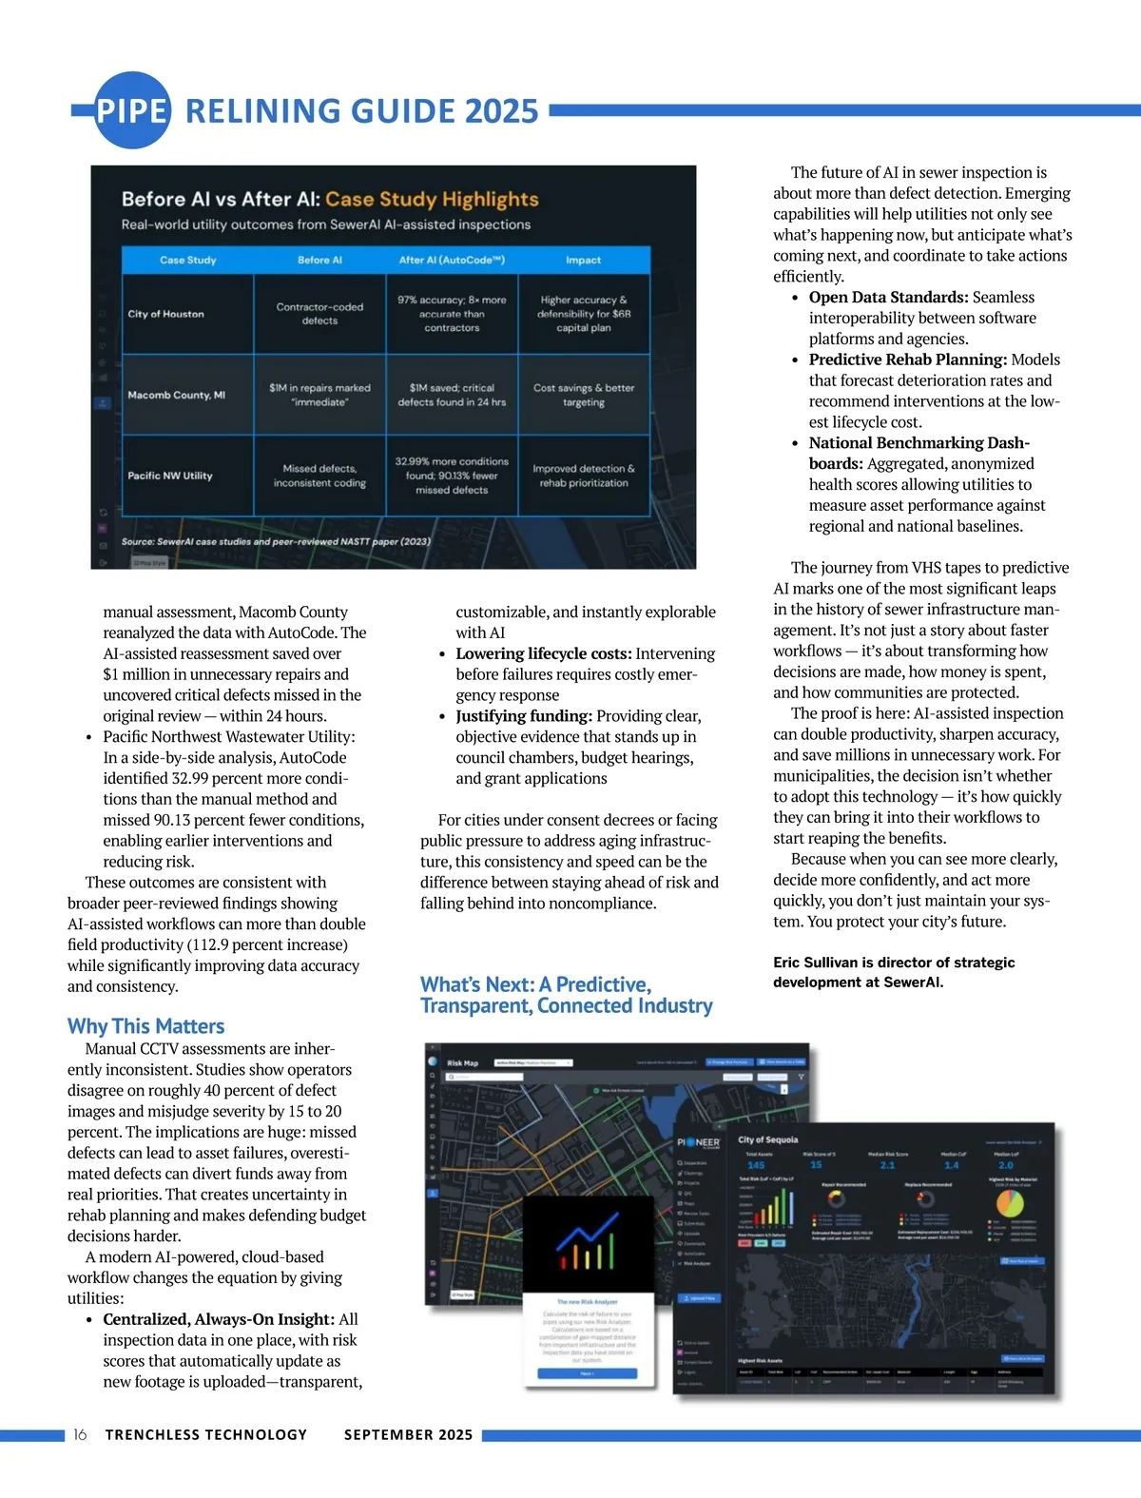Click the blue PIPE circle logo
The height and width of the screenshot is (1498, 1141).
pyautogui.click(x=132, y=110)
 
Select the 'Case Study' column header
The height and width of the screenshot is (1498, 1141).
pyautogui.click(x=187, y=260)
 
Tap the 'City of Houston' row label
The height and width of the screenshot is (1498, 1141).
pyautogui.click(x=165, y=314)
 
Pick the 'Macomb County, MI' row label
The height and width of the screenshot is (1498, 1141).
pyautogui.click(x=176, y=395)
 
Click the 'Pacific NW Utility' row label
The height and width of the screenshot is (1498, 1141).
pyautogui.click(x=170, y=476)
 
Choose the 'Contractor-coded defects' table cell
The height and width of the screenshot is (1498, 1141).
pyautogui.click(x=319, y=314)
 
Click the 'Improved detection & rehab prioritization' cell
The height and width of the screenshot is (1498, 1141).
pyautogui.click(x=583, y=476)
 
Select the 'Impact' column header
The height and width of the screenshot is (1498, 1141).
pyautogui.click(x=583, y=260)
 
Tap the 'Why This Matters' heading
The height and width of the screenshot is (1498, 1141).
pyautogui.click(x=145, y=1026)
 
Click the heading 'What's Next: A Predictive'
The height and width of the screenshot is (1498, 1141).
pyautogui.click(x=535, y=984)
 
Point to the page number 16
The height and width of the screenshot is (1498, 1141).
pyautogui.click(x=80, y=1434)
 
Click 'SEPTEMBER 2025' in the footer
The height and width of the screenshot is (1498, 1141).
pyautogui.click(x=408, y=1434)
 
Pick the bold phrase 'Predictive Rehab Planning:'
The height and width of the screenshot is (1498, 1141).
pyautogui.click(x=907, y=360)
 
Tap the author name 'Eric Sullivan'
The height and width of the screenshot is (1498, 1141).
pyautogui.click(x=815, y=962)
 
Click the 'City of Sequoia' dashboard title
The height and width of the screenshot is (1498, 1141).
pyautogui.click(x=768, y=1139)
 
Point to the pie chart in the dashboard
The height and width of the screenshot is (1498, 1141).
pyautogui.click(x=1009, y=1203)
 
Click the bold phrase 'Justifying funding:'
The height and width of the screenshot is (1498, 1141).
pyautogui.click(x=524, y=715)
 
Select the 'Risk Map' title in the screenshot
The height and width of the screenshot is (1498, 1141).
pyautogui.click(x=462, y=1062)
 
